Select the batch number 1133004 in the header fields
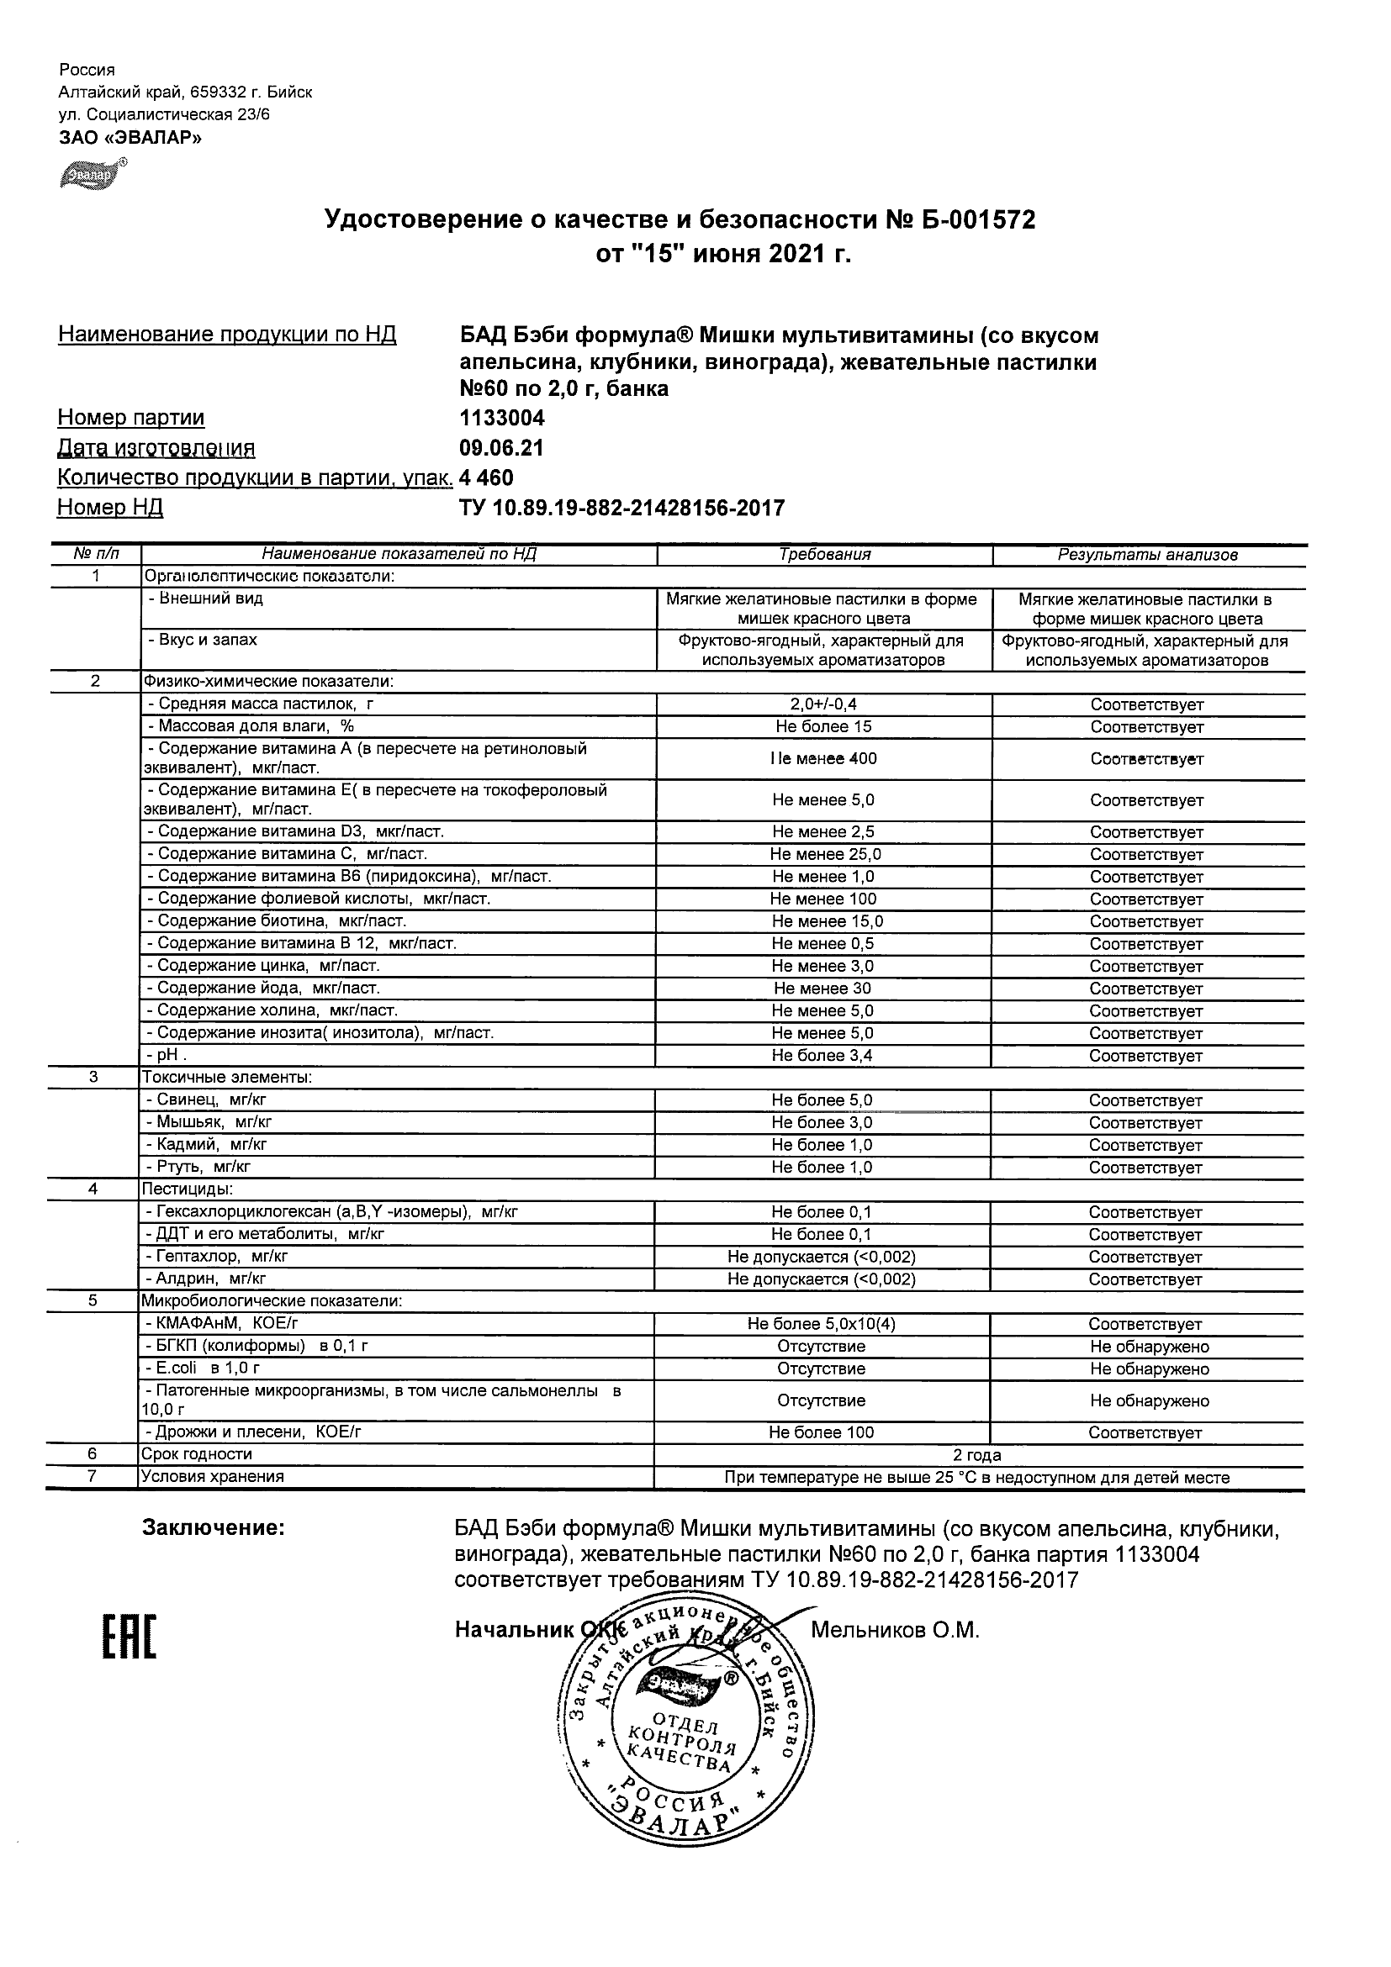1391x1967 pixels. coord(502,418)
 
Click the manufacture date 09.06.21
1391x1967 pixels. coord(501,448)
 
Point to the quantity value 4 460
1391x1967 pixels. coord(487,478)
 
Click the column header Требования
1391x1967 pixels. coord(824,555)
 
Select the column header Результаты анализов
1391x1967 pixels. coord(1148,555)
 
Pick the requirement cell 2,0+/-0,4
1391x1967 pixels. coord(823,704)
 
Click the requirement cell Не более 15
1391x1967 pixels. coord(823,726)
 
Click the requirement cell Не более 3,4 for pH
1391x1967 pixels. coord(822,1056)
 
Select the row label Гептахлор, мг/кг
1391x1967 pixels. coord(220,1257)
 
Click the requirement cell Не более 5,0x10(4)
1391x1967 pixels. coord(821,1324)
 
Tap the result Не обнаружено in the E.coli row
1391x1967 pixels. coord(1150,1369)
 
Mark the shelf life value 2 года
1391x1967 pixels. coord(977,1455)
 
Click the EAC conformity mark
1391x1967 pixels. coord(130,1637)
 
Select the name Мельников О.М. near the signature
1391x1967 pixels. coord(895,1630)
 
